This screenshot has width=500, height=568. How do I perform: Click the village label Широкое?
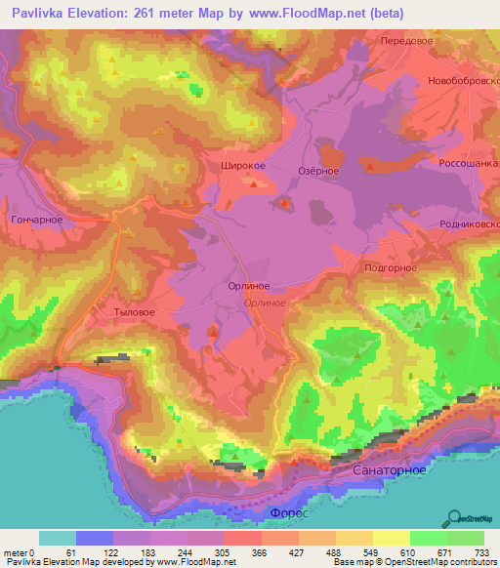pos(239,167)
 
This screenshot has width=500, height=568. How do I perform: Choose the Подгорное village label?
pos(390,267)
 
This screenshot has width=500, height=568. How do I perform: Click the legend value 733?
pos(480,552)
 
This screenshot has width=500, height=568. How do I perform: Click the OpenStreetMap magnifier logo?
pos(453,517)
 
